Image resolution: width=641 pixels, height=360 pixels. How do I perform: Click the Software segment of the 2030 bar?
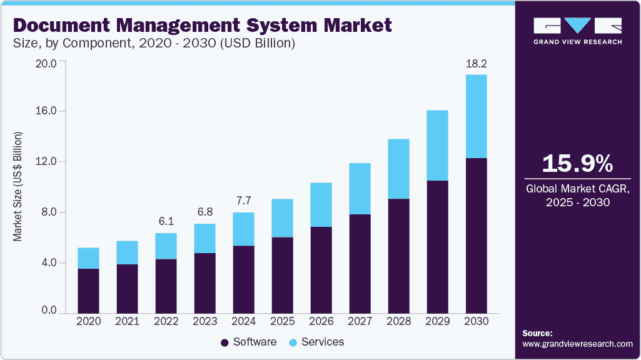[x=476, y=235]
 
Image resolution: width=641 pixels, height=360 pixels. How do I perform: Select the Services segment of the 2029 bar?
[x=437, y=145]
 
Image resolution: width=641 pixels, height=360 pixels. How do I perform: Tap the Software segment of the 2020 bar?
[x=88, y=291]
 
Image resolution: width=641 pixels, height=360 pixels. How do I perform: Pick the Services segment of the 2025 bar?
[x=282, y=218]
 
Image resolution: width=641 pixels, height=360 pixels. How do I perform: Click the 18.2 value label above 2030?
[x=476, y=64]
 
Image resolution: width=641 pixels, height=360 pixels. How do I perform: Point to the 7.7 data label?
[x=243, y=201]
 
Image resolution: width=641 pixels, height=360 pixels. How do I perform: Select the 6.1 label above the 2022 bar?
[x=166, y=222]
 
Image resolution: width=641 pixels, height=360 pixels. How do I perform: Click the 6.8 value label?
[x=204, y=212]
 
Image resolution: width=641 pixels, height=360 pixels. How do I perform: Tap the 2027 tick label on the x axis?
[x=360, y=321]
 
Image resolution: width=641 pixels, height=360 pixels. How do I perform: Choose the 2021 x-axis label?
[x=127, y=321]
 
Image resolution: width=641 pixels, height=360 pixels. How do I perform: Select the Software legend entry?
[x=248, y=342]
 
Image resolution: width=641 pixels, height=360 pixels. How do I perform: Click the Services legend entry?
[x=316, y=342]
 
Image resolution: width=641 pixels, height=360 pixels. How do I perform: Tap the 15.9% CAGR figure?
[x=577, y=164]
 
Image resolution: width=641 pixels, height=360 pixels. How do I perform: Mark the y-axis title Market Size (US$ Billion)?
[x=18, y=187]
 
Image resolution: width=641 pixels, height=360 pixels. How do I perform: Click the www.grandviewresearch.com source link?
[x=577, y=344]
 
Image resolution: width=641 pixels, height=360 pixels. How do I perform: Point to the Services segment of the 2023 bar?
[x=204, y=238]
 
